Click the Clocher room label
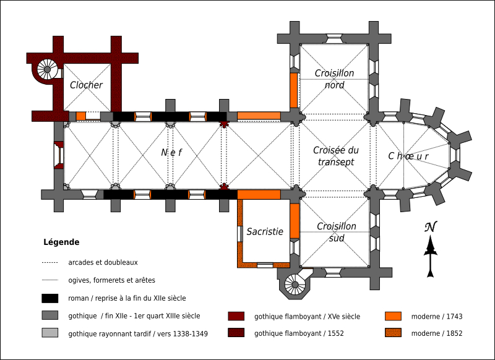pos(86,85)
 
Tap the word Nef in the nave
pos(171,152)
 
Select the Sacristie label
pos(265,232)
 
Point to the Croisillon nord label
pos(334,79)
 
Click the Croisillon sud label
pos(336,232)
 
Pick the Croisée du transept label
pos(335,156)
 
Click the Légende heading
pos(61,242)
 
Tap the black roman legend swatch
pos(50,298)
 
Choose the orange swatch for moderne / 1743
pos(392,316)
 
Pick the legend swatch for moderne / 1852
pos(392,333)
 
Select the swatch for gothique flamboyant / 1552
pos(236,333)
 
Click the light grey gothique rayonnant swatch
pos(50,333)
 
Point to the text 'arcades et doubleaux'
pos(103,262)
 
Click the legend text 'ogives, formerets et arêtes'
pos(112,280)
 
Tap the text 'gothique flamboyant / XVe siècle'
pos(307,316)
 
